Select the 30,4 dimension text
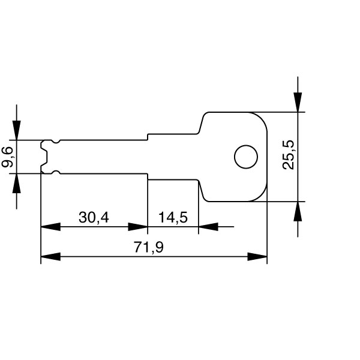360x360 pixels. tap(94, 217)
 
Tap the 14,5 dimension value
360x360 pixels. tap(173, 217)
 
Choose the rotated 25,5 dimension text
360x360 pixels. tap(289, 155)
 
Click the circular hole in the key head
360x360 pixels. tap(245, 157)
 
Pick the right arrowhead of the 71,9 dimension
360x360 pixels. tap(257, 257)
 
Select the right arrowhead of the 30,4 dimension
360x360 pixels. tap(138, 227)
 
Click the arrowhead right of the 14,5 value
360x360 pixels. tap(208, 227)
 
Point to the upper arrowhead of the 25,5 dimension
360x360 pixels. tap(298, 103)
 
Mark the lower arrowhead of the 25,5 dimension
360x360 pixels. tap(298, 211)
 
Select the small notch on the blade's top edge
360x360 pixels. tap(56, 142)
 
